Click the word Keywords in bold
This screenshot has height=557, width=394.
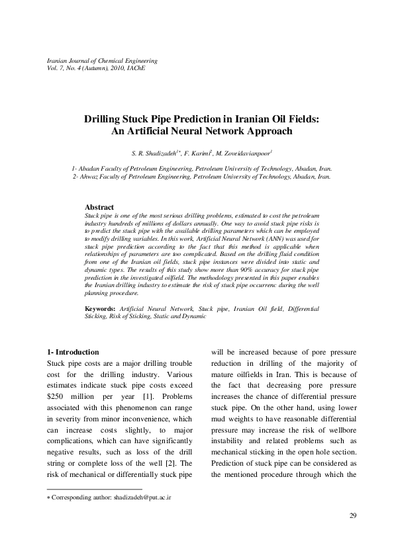[x=101, y=309]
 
